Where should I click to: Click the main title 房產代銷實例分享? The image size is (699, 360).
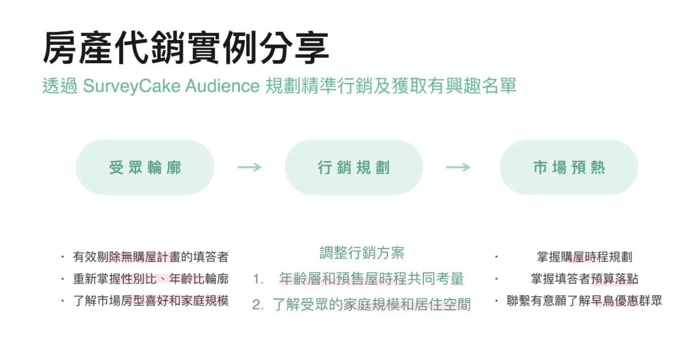[x=186, y=48]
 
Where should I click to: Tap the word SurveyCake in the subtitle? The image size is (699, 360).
[x=132, y=86]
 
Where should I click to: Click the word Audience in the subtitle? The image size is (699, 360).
[x=222, y=86]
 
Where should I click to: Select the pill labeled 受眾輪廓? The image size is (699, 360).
[x=145, y=167]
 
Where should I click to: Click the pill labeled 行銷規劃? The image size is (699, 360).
[x=354, y=167]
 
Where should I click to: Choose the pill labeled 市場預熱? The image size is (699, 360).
[x=569, y=167]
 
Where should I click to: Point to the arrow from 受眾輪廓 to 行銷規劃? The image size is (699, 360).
[x=249, y=167]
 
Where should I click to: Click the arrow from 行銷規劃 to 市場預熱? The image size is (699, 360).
[x=458, y=167]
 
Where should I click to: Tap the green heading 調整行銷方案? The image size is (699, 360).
[x=362, y=252]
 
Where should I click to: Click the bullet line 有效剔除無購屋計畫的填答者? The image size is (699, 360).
[x=151, y=257]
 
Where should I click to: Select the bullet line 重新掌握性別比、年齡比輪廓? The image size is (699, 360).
[x=151, y=279]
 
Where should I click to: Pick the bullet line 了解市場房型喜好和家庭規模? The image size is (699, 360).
[x=151, y=301]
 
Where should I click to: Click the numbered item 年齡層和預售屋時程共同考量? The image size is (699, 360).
[x=371, y=279]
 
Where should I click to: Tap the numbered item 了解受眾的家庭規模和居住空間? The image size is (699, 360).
[x=371, y=305]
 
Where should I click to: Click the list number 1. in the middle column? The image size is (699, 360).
[x=258, y=279]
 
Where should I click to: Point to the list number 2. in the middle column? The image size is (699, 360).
[x=258, y=305]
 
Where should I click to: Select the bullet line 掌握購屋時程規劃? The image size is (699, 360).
[x=585, y=257]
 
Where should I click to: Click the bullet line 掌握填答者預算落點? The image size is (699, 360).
[x=585, y=279]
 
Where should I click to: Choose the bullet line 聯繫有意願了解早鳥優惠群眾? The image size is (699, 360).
[x=585, y=301]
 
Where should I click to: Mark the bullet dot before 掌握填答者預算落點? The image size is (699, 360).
[x=496, y=279]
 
